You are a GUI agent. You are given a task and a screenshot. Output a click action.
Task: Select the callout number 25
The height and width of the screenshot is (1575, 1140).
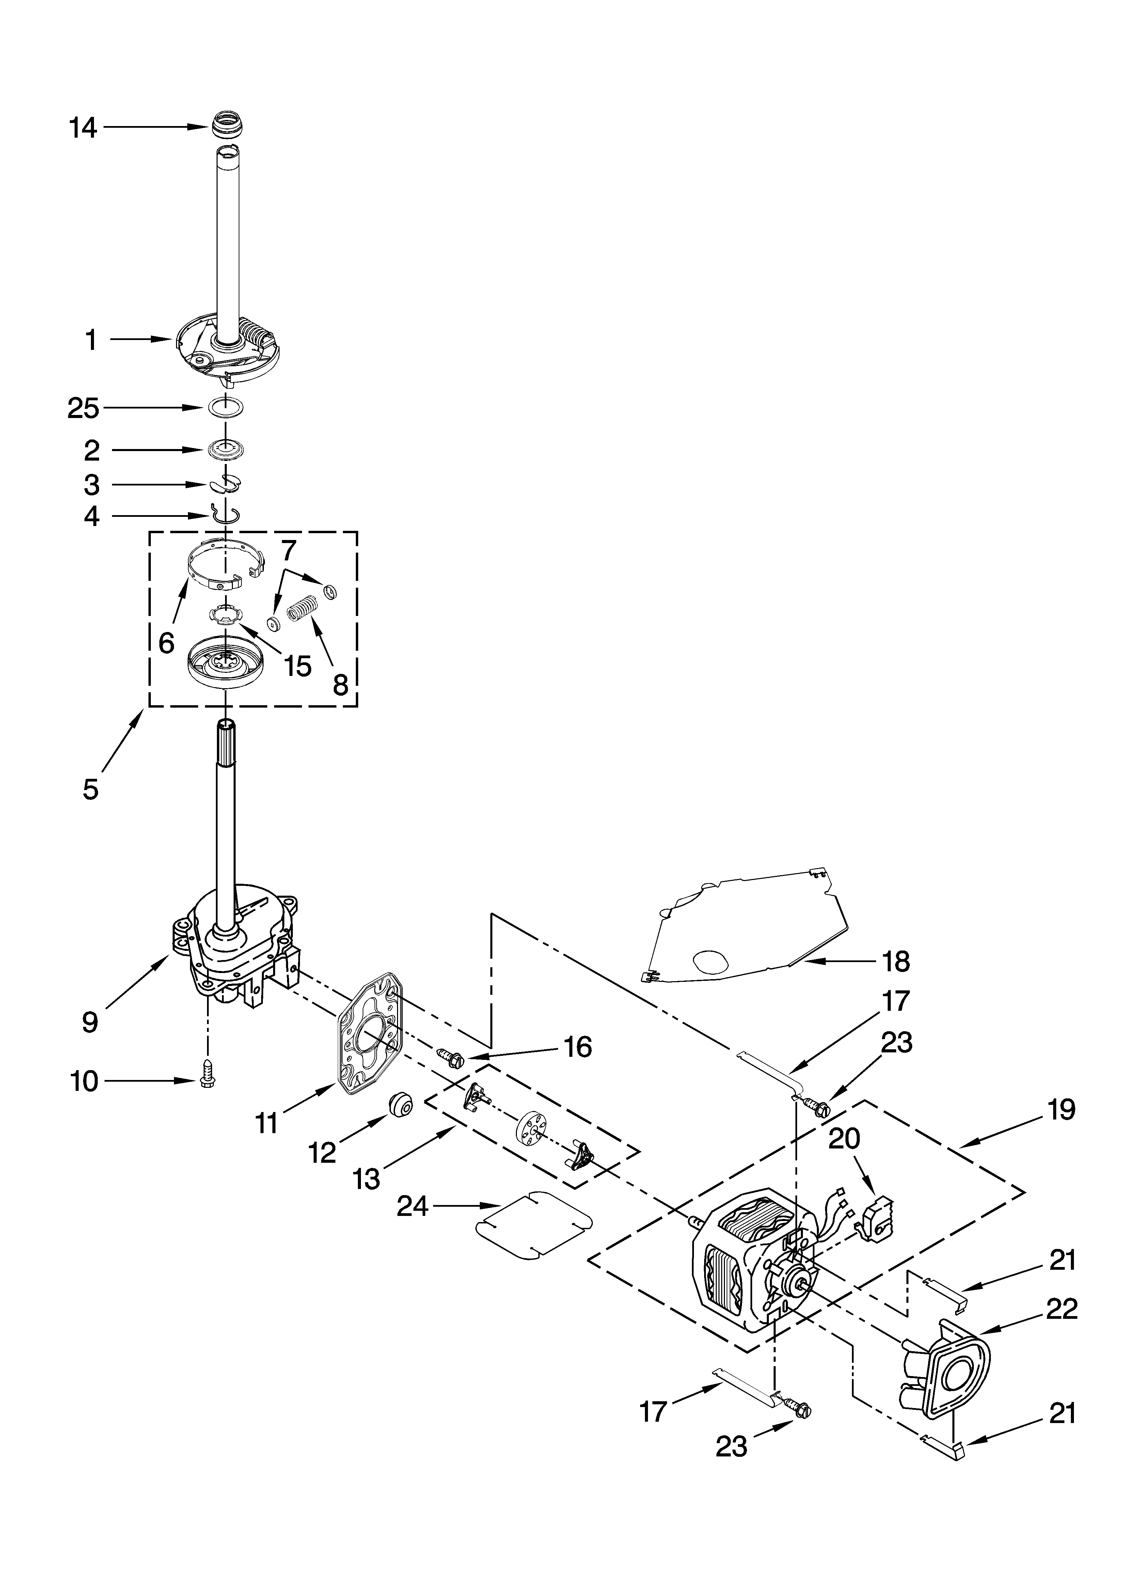tap(83, 409)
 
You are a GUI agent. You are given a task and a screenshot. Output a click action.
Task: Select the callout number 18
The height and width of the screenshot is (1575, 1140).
tap(896, 962)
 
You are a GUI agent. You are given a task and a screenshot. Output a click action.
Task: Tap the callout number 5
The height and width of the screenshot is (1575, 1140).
tap(90, 790)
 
